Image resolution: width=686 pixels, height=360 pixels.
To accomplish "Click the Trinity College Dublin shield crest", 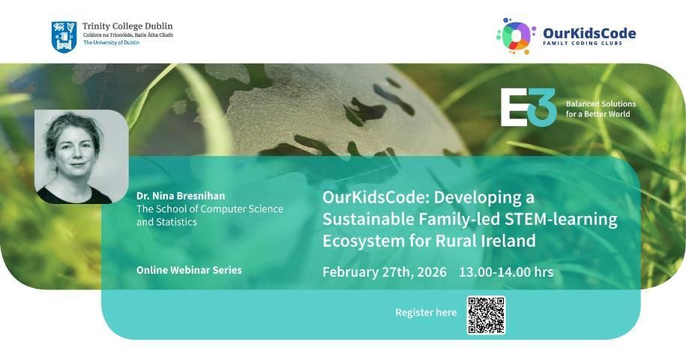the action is (x=64, y=37).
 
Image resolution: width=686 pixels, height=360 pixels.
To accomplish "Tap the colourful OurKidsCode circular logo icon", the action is (x=517, y=36).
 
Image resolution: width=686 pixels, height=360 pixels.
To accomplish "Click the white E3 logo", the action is (x=528, y=107).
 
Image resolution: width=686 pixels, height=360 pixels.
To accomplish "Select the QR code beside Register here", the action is (x=486, y=315).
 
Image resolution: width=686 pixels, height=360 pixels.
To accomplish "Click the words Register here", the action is (x=426, y=312).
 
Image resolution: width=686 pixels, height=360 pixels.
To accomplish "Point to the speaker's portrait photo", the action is (x=82, y=157).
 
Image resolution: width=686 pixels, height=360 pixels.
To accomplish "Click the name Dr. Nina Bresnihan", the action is (x=181, y=196).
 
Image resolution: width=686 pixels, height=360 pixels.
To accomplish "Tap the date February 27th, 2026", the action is (x=385, y=272).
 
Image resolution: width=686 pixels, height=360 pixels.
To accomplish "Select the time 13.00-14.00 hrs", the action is (x=506, y=271).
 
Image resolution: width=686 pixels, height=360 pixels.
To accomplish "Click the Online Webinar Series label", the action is (x=189, y=270).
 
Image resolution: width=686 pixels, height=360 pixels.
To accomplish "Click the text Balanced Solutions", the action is (x=601, y=103).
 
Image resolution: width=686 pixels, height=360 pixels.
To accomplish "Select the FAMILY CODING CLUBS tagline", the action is (x=583, y=43).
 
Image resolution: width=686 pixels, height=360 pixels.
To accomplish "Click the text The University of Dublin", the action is (x=111, y=43).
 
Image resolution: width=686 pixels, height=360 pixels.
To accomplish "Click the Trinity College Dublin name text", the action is (x=127, y=26).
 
